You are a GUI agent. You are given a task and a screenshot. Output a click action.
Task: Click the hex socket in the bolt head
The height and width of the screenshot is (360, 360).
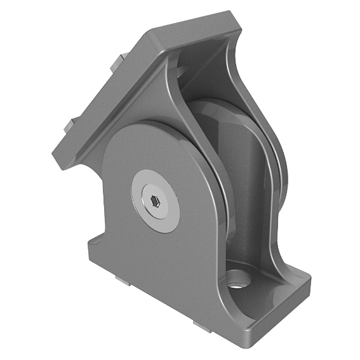(x=155, y=203)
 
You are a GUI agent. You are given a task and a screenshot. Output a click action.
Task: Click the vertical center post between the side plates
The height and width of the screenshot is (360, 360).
(x=251, y=190)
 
